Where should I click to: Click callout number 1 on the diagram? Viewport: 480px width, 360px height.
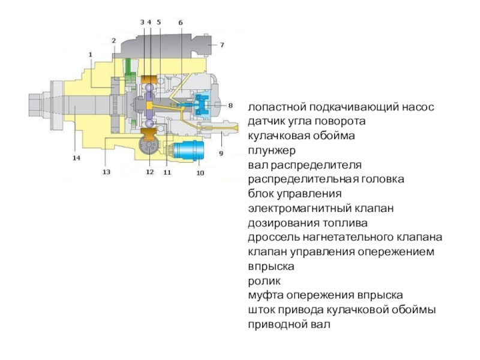91,54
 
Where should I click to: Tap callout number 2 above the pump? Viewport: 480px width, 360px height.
113,40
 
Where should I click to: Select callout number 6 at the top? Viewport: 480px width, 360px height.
180,22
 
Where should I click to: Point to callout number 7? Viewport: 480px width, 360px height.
221,45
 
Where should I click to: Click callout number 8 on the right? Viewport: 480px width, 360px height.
229,106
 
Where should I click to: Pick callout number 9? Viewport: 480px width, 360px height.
220,154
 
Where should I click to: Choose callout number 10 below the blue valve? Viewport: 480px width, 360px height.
200,173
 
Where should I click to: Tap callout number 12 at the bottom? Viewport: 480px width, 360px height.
149,172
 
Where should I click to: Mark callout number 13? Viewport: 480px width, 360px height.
106,172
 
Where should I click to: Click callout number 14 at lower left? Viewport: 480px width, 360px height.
76,158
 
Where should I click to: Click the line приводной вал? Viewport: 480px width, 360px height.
289,325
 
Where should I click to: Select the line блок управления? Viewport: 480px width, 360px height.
294,194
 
